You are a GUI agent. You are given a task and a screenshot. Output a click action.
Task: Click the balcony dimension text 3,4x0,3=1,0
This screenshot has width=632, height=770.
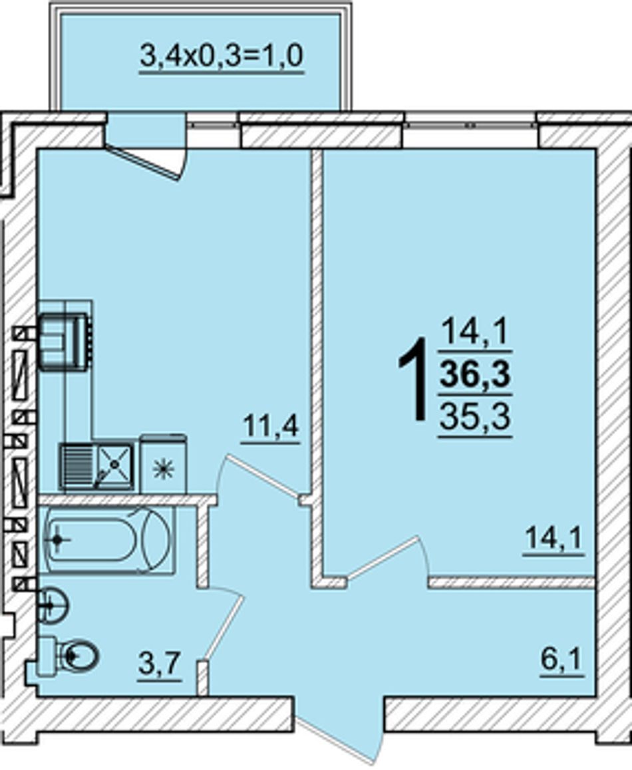(221, 55)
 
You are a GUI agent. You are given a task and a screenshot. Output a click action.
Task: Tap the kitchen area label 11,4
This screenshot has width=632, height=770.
(270, 426)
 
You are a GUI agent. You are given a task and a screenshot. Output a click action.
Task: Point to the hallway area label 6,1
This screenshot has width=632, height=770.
(562, 660)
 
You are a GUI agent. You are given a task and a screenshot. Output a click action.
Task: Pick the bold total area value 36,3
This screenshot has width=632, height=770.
(475, 374)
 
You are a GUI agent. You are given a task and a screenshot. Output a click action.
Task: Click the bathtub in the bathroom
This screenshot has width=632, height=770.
(108, 539)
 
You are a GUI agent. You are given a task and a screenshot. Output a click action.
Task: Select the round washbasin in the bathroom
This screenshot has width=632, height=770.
(53, 606)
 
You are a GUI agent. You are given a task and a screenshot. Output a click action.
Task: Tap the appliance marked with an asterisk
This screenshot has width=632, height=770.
(163, 464)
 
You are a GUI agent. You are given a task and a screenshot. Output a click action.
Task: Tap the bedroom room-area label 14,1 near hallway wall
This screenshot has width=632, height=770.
(554, 538)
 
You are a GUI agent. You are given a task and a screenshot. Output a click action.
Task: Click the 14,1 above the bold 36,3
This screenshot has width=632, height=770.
(475, 332)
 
